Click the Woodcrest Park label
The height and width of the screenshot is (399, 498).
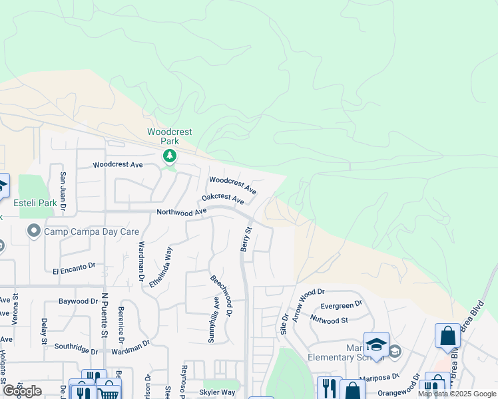pos(169,136)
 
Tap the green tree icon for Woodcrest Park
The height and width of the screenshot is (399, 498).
pos(170,156)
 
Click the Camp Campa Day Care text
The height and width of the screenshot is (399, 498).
pos(92,231)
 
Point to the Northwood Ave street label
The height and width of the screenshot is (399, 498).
pos(182,212)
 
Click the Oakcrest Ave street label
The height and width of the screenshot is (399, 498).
pos(223,198)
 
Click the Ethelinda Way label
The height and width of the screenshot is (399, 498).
pos(160,267)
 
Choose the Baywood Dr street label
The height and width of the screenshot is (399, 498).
pos(78,301)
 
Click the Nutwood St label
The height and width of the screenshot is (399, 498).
pos(335,320)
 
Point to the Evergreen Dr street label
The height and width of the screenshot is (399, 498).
pos(341,305)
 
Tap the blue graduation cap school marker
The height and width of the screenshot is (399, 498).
pos(376,344)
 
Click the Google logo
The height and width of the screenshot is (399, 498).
pos(22,391)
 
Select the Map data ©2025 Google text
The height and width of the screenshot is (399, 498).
pos(456,394)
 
